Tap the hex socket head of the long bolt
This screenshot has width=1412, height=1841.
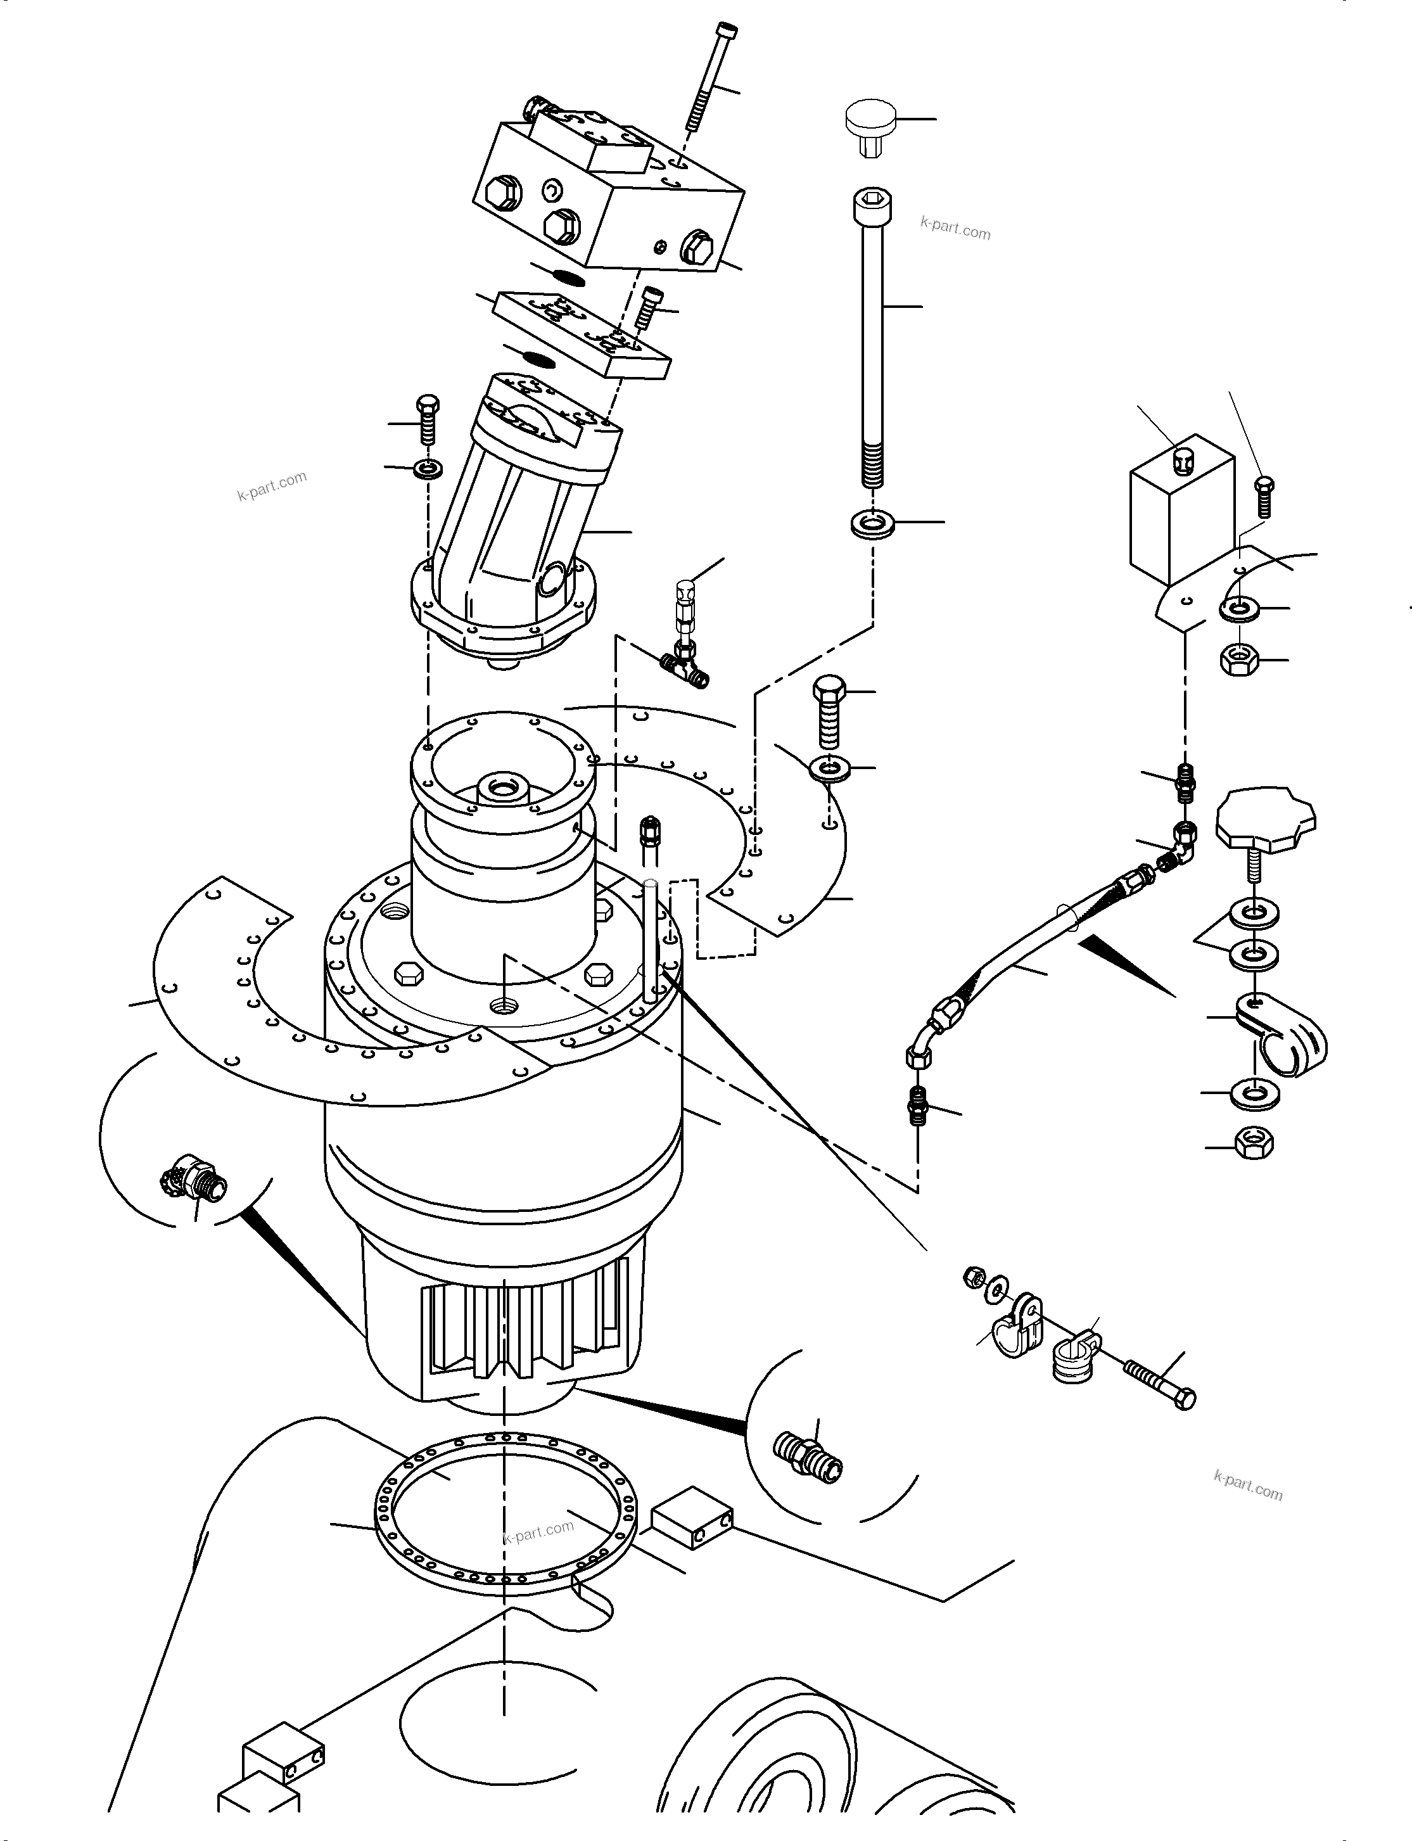872,204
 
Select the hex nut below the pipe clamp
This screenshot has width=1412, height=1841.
1253,1143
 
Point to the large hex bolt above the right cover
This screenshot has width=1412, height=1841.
828,710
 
